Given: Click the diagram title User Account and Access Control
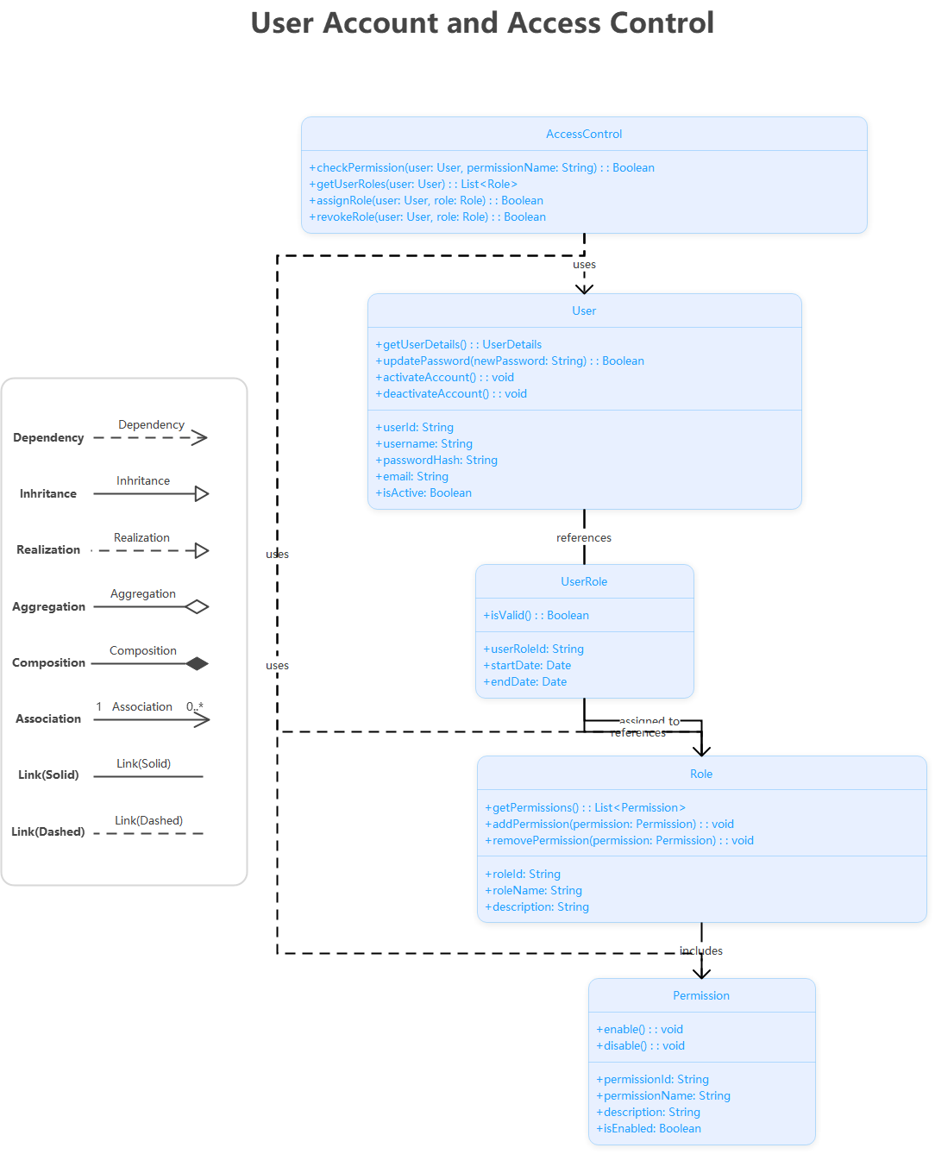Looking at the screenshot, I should click(482, 23).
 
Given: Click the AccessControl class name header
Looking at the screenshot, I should click(584, 134).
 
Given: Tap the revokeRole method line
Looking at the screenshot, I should click(427, 216).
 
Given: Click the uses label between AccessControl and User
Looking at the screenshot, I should click(584, 264).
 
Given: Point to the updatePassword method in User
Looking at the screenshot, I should click(509, 361).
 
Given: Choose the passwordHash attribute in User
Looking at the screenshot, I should click(436, 460).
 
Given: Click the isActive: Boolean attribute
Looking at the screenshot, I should click(423, 492).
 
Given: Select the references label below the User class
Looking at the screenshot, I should click(584, 537).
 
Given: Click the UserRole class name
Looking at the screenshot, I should click(584, 581).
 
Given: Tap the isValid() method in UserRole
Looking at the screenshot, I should click(536, 615).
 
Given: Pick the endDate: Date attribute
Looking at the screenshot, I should click(524, 681).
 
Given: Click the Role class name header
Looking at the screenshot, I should click(701, 774).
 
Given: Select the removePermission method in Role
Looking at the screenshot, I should click(618, 840).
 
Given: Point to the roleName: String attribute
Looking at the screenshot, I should click(533, 890).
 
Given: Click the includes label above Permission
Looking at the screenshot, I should click(701, 950).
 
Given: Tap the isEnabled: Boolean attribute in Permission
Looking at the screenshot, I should click(648, 1128).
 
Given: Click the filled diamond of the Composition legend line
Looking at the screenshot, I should click(198, 663).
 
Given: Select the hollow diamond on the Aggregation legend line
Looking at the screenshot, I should click(198, 606).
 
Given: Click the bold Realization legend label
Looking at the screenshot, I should click(48, 549).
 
